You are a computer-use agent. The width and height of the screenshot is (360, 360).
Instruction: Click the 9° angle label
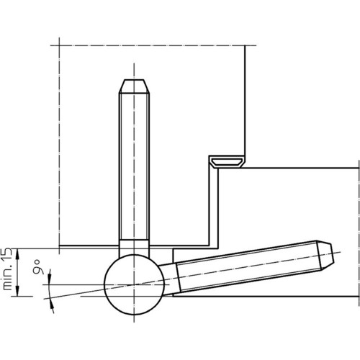click(39, 266)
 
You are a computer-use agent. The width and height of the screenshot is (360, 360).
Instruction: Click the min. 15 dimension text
click(7, 269)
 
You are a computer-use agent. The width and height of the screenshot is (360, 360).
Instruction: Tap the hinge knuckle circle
click(134, 284)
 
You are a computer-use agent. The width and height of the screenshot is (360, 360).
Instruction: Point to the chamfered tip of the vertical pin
click(134, 86)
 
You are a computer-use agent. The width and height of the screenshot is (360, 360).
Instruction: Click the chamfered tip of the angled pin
click(326, 256)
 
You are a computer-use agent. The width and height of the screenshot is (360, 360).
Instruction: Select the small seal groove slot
click(226, 162)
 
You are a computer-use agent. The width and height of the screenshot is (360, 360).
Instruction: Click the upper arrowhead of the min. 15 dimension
click(17, 254)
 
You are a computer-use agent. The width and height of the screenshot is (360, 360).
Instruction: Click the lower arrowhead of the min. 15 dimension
click(17, 290)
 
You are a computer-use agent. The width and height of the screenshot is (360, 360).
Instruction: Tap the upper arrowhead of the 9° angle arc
click(50, 275)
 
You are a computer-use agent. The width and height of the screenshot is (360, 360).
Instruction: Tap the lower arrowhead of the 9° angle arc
click(52, 307)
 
